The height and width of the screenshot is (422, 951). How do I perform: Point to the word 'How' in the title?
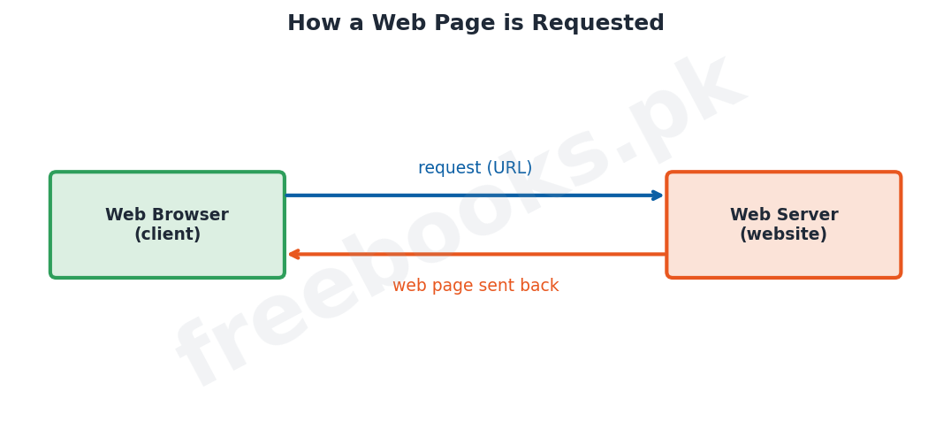(x=312, y=23)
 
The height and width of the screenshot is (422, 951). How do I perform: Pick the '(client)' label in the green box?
(x=167, y=234)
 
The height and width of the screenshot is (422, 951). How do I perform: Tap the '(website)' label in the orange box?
(x=784, y=234)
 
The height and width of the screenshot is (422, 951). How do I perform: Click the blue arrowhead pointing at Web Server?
(x=658, y=196)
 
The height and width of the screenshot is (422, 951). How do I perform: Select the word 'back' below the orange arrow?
(x=537, y=286)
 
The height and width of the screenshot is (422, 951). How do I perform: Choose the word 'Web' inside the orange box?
(x=748, y=215)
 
